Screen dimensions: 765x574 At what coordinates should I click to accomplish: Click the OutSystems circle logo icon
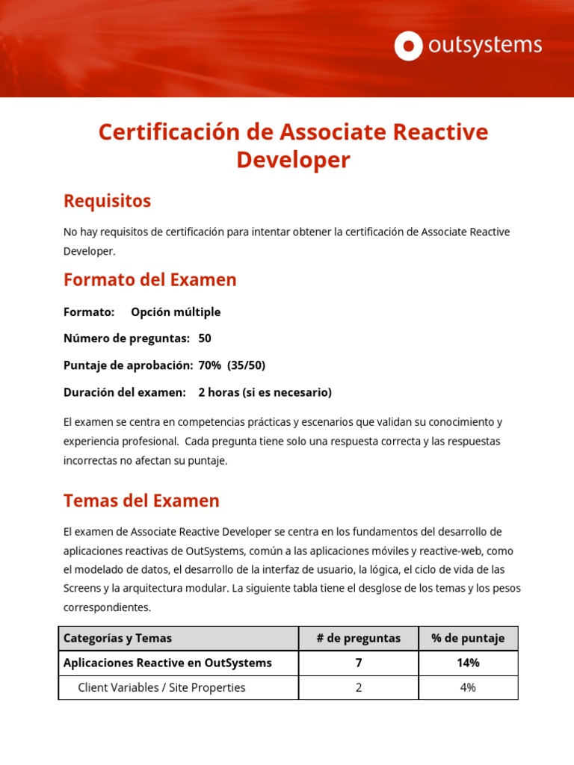tap(408, 46)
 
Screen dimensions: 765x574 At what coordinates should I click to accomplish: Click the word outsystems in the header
tap(484, 46)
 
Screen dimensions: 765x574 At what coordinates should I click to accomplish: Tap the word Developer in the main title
tap(293, 160)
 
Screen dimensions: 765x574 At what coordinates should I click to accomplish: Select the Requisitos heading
tap(107, 201)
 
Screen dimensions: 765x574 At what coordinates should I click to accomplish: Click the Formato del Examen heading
tap(149, 280)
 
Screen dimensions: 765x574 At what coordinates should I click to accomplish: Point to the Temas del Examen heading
tap(141, 501)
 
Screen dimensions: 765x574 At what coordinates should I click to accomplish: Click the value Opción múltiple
tap(176, 312)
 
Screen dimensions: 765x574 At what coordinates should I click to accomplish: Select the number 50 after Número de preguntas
tap(205, 338)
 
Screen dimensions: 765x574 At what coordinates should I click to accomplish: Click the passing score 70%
tap(209, 365)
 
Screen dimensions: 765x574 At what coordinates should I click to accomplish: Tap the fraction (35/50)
tap(247, 365)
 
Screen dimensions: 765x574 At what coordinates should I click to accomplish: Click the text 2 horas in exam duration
tap(218, 392)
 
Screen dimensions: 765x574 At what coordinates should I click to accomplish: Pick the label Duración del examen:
tap(124, 392)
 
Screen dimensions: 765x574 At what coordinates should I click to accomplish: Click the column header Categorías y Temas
tap(117, 638)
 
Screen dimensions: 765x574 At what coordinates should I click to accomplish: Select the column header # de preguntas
tap(359, 638)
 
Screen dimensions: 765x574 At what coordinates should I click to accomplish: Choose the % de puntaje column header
tap(468, 638)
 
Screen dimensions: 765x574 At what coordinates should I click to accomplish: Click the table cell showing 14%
tap(468, 663)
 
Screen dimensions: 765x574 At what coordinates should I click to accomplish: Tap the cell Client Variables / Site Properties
tap(161, 687)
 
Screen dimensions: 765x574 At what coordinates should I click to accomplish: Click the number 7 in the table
tap(359, 663)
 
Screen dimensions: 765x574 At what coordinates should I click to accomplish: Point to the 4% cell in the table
tap(468, 687)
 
